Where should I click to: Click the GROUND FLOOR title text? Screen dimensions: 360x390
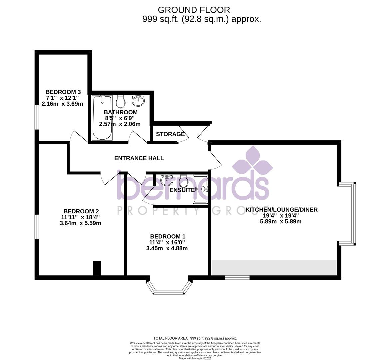coord(194,10)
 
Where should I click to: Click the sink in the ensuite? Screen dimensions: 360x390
coord(166,180)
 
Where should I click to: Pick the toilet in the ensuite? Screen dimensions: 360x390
coord(184,181)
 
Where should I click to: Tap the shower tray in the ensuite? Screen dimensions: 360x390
coord(200,189)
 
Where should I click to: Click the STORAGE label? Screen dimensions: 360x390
coord(170,134)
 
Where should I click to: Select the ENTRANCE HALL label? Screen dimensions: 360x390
coord(139,158)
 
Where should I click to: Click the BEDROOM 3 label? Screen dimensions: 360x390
coord(63,92)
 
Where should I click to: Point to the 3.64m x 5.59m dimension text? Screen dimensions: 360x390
coord(80,223)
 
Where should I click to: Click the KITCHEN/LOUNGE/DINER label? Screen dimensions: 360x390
coord(281,210)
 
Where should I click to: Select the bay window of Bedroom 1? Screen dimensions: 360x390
coord(169,289)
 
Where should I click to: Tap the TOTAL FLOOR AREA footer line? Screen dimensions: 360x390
coord(195,338)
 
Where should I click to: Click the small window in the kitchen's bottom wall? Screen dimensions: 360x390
coord(237,277)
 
